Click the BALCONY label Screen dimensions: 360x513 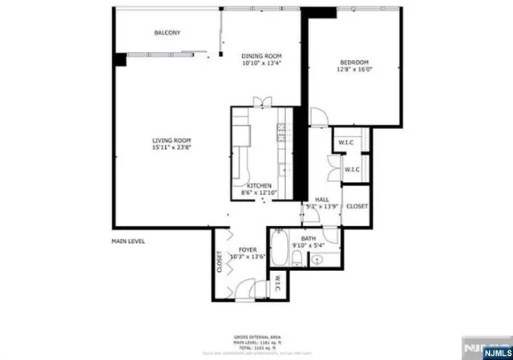point(167,33)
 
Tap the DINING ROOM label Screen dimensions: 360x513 point(261,55)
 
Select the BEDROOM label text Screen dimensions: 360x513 point(353,63)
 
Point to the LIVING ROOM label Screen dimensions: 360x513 point(172,141)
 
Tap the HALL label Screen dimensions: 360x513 point(322,200)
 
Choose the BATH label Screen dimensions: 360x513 point(309,238)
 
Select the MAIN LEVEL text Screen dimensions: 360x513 point(128,241)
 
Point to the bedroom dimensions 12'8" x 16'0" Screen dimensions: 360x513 point(356,70)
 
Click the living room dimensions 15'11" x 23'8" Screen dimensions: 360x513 point(172,148)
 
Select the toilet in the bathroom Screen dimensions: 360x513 point(297,258)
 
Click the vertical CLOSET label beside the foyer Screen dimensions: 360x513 point(220,262)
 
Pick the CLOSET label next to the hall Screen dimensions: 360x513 point(357,206)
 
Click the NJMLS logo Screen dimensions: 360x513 point(486,350)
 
